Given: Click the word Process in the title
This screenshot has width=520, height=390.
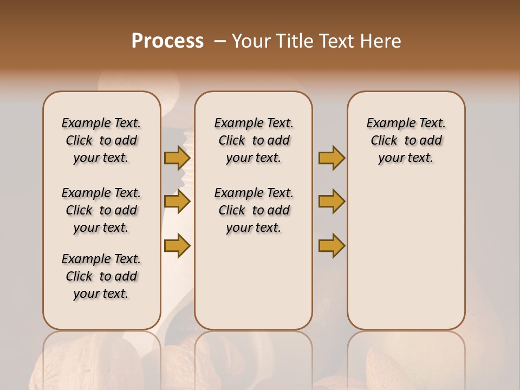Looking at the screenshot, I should click(x=167, y=41).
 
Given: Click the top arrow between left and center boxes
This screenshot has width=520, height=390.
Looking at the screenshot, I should click(x=177, y=158).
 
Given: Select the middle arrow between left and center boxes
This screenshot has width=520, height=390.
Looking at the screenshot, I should click(x=177, y=201).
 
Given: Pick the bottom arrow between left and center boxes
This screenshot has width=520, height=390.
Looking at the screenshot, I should click(x=177, y=245).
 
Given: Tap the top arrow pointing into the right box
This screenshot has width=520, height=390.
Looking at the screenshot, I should click(x=331, y=158).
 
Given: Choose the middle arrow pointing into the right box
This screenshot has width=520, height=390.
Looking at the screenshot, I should click(x=331, y=201).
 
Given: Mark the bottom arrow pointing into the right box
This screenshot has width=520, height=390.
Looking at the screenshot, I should click(x=331, y=245).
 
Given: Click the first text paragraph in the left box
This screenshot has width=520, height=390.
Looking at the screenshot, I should click(x=101, y=140).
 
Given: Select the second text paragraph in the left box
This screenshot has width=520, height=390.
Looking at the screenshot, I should click(x=101, y=210).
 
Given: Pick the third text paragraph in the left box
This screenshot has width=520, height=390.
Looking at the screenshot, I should click(x=101, y=276).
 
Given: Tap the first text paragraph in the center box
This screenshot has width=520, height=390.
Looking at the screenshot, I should click(x=253, y=140).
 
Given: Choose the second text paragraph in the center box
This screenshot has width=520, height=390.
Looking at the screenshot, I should click(x=253, y=210).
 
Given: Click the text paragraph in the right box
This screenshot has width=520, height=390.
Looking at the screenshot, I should click(x=406, y=140).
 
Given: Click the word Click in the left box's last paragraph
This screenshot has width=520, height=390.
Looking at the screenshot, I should click(x=79, y=276).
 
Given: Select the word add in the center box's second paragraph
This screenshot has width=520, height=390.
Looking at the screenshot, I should click(x=278, y=210).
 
